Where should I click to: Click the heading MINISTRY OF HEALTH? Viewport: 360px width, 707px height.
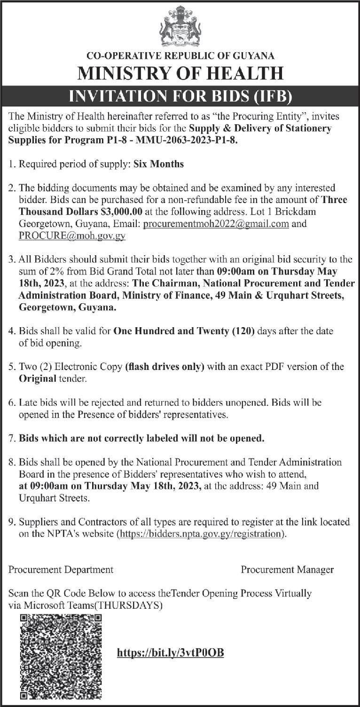point(180,74)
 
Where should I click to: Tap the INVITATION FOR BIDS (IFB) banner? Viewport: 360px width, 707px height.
point(180,97)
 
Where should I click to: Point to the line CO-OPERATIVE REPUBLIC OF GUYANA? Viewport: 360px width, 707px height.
point(180,56)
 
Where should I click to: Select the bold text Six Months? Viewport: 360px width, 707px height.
point(158,164)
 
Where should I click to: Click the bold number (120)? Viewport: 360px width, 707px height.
point(243,331)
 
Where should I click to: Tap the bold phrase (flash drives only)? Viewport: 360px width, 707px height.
point(164,367)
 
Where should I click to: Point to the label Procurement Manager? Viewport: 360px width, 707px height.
point(287,570)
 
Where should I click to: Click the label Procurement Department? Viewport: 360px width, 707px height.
point(61,570)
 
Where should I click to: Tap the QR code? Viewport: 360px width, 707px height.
point(61,656)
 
